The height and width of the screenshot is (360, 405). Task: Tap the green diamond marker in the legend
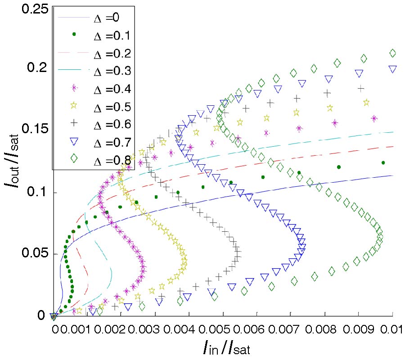coord(74,160)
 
